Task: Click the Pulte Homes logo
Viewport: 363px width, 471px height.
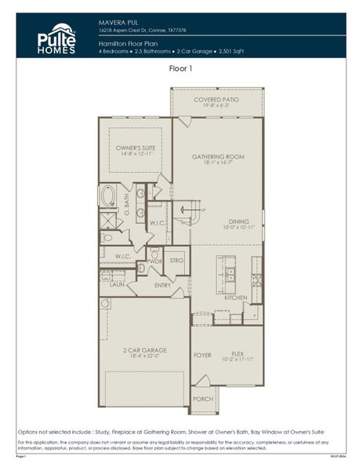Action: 57,38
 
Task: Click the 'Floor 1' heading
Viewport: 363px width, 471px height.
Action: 181,69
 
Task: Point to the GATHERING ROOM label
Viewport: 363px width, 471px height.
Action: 218,157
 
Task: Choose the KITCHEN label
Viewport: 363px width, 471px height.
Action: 236,298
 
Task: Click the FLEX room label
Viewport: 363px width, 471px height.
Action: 238,354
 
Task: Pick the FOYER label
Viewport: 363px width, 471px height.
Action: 203,355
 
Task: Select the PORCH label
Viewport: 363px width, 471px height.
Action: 203,399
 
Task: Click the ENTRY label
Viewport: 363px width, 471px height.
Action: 163,285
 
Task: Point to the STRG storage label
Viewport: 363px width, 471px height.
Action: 176,261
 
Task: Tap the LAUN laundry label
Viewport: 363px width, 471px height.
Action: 116,285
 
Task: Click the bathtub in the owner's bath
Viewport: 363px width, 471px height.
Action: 107,195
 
